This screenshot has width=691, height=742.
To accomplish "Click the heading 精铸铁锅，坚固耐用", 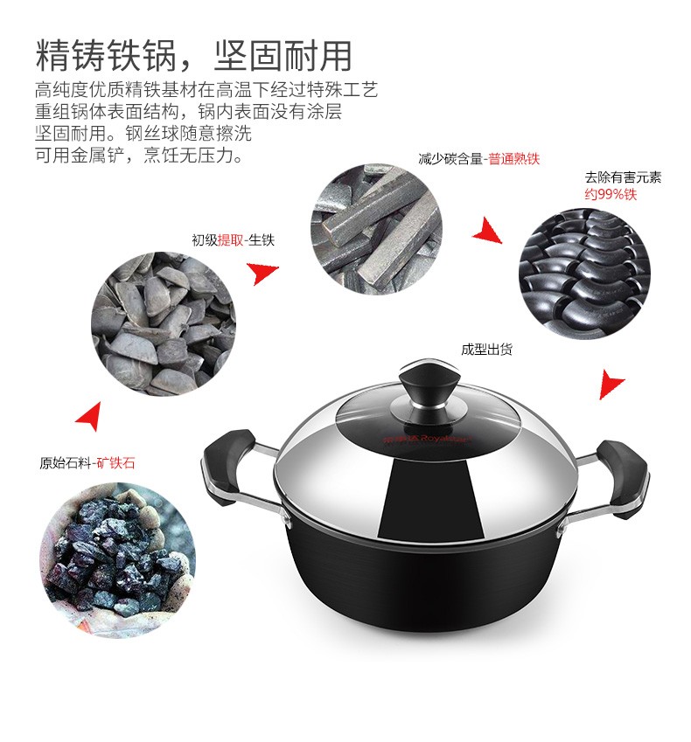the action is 193,55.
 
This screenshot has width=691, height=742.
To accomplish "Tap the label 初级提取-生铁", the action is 233,240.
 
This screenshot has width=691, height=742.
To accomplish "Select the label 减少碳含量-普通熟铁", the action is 478,158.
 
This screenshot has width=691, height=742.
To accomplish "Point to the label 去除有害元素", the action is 623,177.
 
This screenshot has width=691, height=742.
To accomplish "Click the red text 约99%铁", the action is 611,194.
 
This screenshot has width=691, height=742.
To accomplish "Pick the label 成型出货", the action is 487,350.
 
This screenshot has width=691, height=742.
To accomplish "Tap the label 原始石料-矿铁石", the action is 87,462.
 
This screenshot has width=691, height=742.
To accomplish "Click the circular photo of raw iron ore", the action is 117,560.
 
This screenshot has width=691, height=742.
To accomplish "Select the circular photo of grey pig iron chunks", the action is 164,323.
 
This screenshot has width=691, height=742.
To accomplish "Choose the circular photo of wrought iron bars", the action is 376,230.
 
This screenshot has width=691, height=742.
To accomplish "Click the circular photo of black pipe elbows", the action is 584,274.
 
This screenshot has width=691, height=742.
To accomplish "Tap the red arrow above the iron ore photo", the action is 90,416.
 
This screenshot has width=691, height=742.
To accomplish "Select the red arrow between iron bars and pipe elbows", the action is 487,231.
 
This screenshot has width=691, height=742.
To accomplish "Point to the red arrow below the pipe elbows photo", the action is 611,385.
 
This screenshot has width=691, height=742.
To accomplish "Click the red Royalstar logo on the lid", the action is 428,439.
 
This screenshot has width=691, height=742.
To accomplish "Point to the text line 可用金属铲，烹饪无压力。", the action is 139,156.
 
